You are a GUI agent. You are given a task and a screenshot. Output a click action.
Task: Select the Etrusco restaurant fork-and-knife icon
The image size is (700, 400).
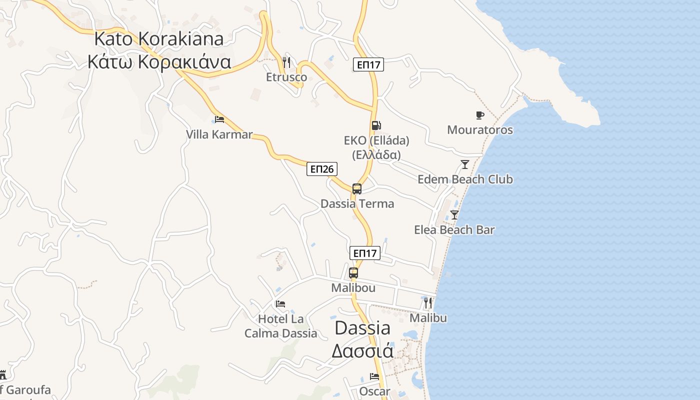pyautogui.click(x=286, y=62)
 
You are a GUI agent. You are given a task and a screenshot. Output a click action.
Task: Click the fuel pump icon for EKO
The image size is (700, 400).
pyautogui.click(x=376, y=125)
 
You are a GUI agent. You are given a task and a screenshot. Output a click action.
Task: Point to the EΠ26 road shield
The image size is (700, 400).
pyautogui.click(x=321, y=169)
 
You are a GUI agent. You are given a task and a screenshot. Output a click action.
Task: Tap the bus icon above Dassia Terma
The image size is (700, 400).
pyautogui.click(x=356, y=188)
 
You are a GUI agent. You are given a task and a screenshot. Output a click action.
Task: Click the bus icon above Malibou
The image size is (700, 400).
pyautogui.click(x=353, y=272)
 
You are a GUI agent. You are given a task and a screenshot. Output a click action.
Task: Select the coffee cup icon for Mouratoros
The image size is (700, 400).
pyautogui.click(x=480, y=115)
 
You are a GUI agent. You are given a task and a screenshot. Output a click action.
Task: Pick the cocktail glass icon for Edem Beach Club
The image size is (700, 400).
pyautogui.click(x=465, y=164)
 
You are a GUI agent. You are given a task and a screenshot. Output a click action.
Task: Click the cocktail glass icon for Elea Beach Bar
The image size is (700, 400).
pyautogui.click(x=454, y=215)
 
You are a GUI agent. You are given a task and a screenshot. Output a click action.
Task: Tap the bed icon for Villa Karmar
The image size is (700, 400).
pyautogui.click(x=219, y=119)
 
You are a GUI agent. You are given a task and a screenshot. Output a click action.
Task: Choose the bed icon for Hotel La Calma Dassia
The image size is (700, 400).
pyautogui.click(x=280, y=303)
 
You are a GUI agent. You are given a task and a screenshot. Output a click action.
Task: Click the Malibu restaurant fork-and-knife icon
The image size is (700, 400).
pyautogui.click(x=427, y=302)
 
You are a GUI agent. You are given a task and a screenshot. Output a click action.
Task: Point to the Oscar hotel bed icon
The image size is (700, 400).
pyautogui.click(x=374, y=376)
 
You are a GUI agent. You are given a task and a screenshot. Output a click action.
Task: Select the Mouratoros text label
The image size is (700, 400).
pyautogui.click(x=480, y=130)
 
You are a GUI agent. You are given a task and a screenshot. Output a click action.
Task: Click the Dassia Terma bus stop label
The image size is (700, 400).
pyautogui.click(x=357, y=203)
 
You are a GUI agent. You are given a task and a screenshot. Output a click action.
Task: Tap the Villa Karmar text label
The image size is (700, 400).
pyautogui.click(x=219, y=134)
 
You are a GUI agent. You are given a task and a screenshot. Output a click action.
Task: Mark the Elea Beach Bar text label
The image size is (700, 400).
pyautogui.click(x=454, y=230)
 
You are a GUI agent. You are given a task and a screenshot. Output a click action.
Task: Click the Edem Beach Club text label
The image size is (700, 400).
pyautogui.click(x=465, y=179)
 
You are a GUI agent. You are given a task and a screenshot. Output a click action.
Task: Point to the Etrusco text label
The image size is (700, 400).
pyautogui.click(x=286, y=77)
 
